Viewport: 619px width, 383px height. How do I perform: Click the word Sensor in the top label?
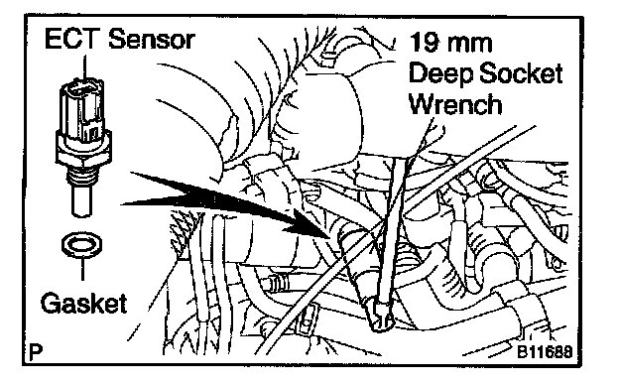152,39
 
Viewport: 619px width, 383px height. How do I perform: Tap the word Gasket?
84,304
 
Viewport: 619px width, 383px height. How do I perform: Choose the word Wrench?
455,104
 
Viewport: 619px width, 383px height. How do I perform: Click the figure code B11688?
545,351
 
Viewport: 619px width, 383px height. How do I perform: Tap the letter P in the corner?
36,351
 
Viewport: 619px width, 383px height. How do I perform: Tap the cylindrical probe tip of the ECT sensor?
81,201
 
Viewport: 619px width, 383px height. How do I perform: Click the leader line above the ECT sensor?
83,66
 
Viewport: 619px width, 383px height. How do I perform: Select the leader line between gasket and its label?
82,268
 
